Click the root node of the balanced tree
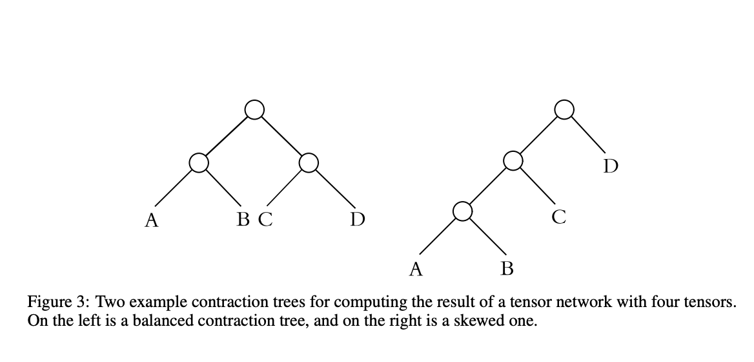pos(254,110)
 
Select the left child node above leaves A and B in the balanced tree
pos(199,162)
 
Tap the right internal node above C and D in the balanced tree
pos(309,162)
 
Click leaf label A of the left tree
pos(151,220)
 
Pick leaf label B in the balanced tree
pos(243,220)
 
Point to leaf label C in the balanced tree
pos(265,220)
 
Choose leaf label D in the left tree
pos(357,220)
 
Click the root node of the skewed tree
pos(564,110)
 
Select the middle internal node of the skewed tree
pos(513,161)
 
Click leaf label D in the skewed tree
pos(611,167)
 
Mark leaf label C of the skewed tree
pos(559,218)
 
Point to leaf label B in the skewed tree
pos(507,268)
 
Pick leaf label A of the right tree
pos(416,268)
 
